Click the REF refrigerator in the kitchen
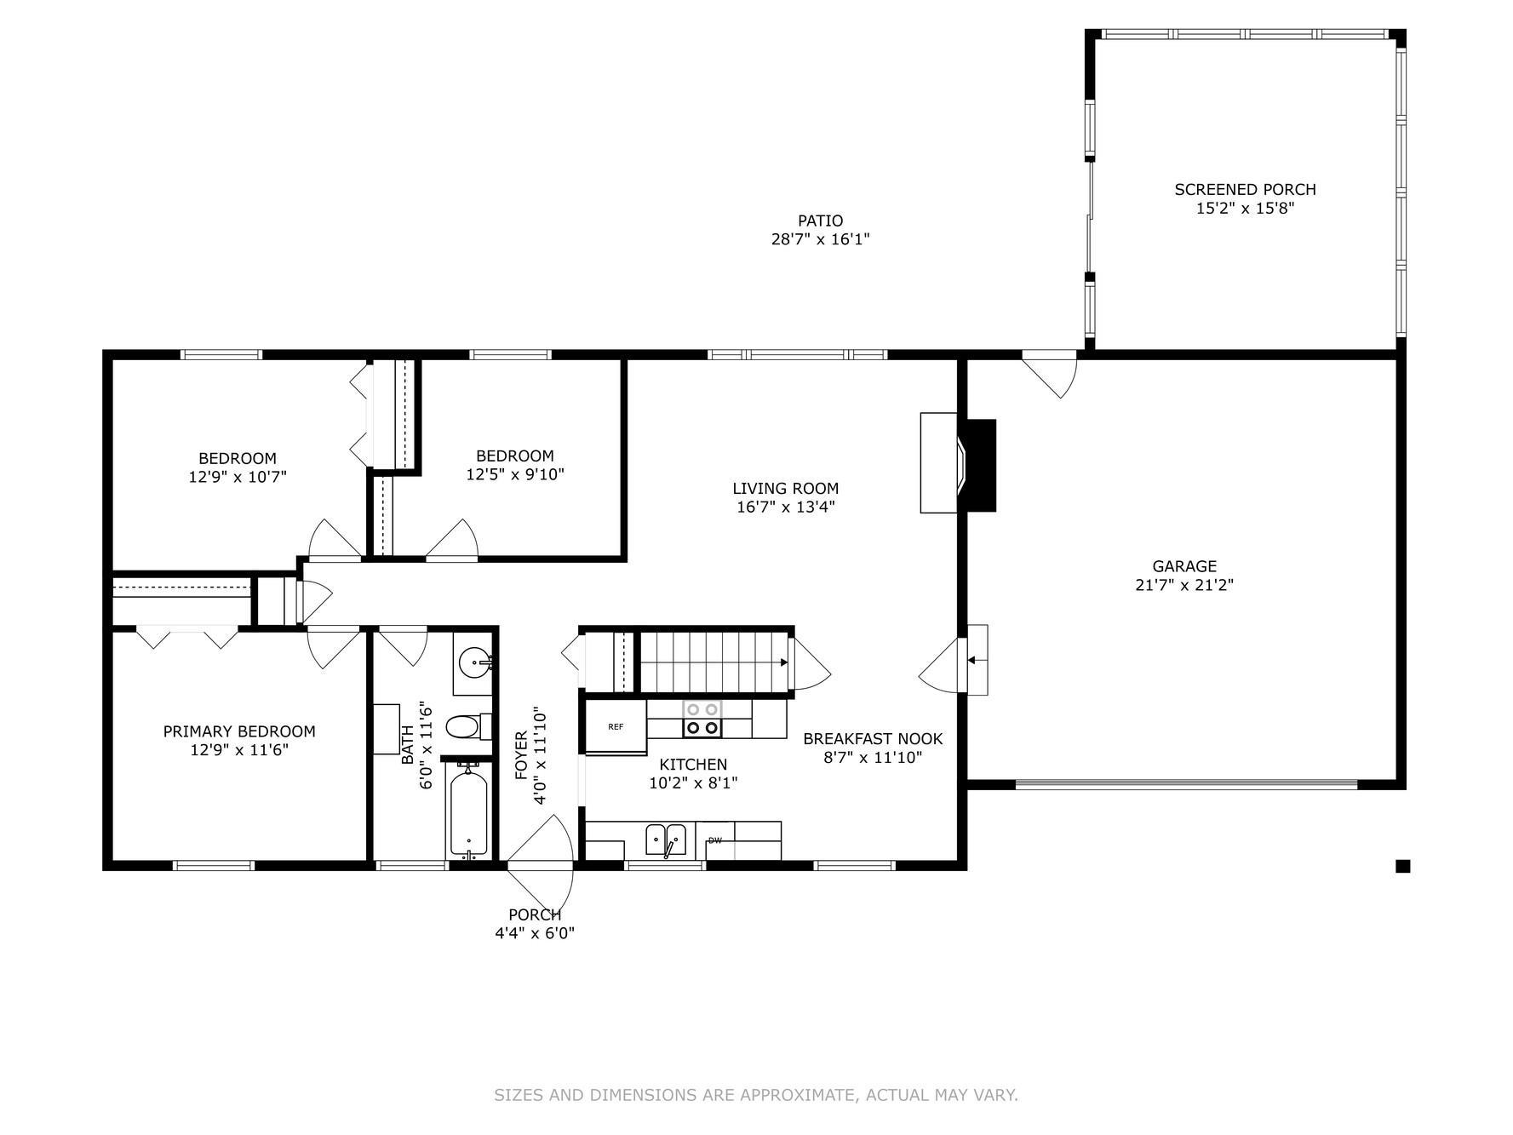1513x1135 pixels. [x=616, y=726]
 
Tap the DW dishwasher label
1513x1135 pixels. [x=715, y=840]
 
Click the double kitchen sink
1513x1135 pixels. [x=666, y=840]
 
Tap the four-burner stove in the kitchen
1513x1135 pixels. [x=702, y=719]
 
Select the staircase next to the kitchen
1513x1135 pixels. [x=714, y=662]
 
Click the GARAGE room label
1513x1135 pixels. [x=1184, y=566]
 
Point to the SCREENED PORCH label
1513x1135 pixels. [x=1245, y=189]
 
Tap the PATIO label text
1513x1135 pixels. [x=820, y=221]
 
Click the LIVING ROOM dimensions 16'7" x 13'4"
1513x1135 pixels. [x=785, y=507]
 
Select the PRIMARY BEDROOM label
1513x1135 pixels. [x=239, y=731]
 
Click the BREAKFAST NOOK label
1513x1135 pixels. [x=873, y=739]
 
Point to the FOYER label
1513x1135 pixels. [x=521, y=755]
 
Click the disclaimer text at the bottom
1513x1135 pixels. [x=756, y=1095]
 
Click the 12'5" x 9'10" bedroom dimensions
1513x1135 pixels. [x=515, y=474]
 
